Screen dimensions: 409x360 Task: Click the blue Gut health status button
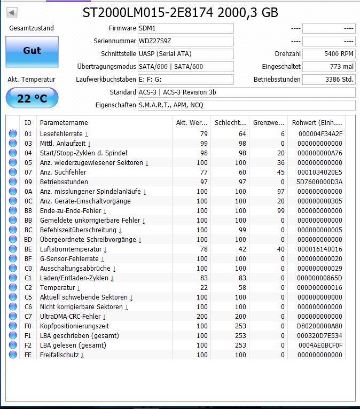coord(32,51)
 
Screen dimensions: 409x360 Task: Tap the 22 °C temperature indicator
coord(32,98)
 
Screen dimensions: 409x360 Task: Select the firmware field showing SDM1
coord(185,28)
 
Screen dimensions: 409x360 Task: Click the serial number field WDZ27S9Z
coord(185,41)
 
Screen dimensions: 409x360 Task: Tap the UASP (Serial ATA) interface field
coord(185,54)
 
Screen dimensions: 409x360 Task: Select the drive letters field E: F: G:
coord(185,80)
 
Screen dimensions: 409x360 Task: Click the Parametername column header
coord(64,123)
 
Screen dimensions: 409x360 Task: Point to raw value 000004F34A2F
coord(320,134)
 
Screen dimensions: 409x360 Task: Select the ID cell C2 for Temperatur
coord(28,288)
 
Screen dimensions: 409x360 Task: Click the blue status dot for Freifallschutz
coord(13,355)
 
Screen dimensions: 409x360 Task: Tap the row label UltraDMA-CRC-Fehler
coord(71,317)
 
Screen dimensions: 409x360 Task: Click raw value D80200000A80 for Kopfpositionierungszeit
coord(320,326)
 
